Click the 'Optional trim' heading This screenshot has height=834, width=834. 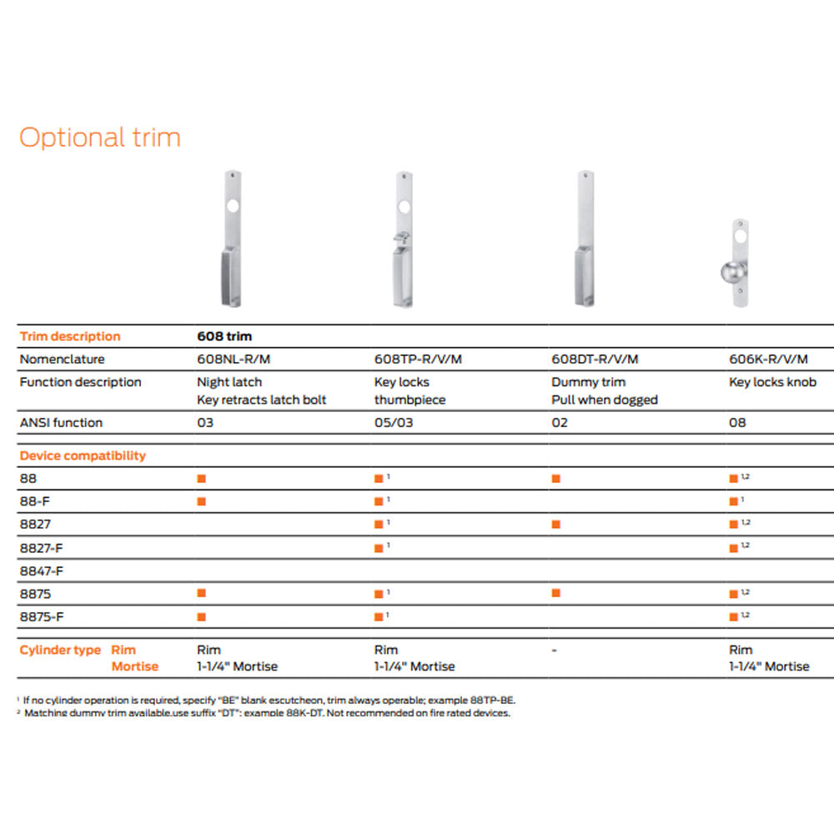tap(99, 137)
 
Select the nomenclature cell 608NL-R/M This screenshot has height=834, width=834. tap(235, 359)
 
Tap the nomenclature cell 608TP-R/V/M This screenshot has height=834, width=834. tap(418, 359)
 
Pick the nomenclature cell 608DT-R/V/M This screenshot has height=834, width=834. tap(595, 359)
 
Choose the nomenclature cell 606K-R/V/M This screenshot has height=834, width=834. tap(768, 359)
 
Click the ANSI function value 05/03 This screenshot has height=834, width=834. tap(394, 423)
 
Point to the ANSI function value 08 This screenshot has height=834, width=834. tap(737, 423)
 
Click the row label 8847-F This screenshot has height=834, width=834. tap(42, 571)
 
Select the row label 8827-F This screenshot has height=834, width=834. tap(42, 548)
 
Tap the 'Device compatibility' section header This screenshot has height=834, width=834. tap(83, 455)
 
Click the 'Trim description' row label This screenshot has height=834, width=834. tap(70, 337)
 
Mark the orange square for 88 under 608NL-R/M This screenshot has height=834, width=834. tap(201, 479)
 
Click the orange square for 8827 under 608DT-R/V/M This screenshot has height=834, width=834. tap(556, 525)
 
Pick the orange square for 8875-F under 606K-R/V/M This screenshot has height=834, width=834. tap(734, 617)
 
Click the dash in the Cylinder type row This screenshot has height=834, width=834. tap(555, 650)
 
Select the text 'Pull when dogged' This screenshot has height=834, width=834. tap(605, 400)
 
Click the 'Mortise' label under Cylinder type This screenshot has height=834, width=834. tap(135, 666)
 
